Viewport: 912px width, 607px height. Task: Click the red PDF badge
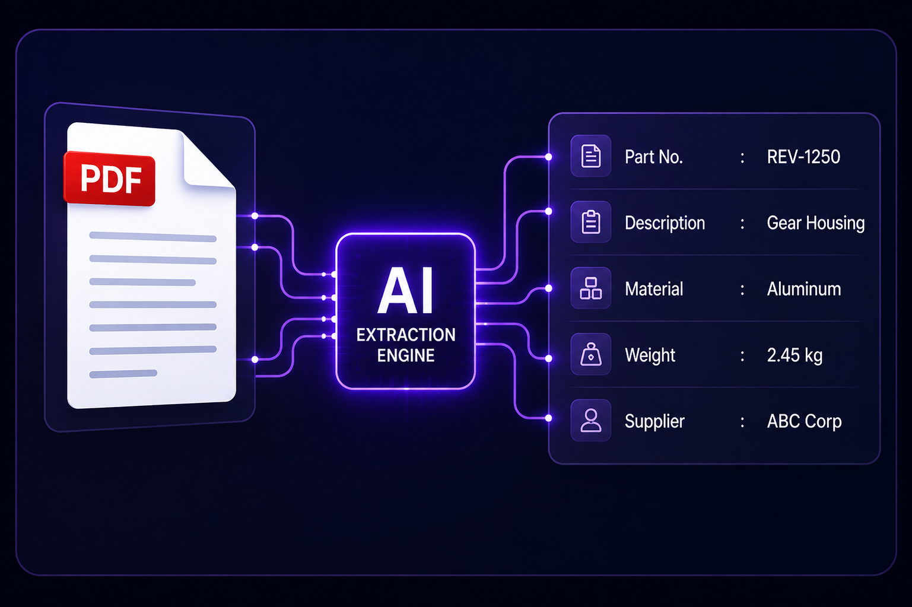109,179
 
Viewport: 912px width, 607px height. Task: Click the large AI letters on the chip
405,290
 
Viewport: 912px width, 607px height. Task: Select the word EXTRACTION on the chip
406,335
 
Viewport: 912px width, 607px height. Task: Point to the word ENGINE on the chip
405,355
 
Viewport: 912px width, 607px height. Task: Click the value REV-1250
803,157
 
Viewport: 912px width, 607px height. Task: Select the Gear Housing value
815,223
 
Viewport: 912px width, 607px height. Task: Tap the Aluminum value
803,289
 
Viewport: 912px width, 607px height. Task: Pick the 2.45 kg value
795,355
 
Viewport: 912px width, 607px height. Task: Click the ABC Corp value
804,421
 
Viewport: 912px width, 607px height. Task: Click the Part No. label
653,157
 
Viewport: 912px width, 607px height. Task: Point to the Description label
665,223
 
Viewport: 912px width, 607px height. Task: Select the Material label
654,289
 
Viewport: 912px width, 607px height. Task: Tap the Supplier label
654,421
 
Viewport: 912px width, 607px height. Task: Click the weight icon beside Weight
591,354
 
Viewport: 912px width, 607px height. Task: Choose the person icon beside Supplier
591,420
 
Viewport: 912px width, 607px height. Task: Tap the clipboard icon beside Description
591,222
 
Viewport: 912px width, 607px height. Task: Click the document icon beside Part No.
591,156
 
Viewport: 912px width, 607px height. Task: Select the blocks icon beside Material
591,288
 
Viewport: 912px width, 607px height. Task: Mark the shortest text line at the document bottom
123,374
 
